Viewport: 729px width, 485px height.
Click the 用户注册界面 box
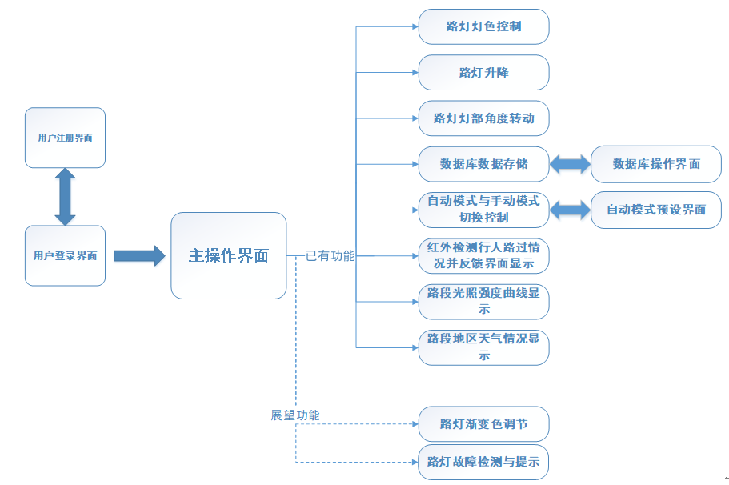coord(65,138)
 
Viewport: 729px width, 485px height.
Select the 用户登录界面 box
coord(65,255)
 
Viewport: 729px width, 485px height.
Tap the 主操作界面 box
coord(228,255)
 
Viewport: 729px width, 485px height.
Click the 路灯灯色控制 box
coord(483,26)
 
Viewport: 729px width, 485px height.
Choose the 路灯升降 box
coord(483,72)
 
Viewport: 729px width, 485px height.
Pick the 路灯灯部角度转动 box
coord(483,118)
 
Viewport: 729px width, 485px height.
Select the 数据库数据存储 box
coord(483,164)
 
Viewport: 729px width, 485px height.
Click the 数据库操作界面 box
coord(655,164)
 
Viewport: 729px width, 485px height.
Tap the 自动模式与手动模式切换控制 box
coord(483,210)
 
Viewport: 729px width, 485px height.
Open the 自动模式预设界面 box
coord(655,210)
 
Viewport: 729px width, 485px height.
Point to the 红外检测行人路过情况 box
coord(483,255)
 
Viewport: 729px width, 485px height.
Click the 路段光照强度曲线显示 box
coord(483,301)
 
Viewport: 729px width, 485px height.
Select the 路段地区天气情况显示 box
coord(483,347)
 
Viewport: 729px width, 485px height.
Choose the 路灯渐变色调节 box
coord(483,423)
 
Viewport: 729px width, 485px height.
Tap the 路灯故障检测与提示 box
coord(483,462)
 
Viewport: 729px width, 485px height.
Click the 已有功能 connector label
coord(330,256)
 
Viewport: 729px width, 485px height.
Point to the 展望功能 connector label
coord(295,415)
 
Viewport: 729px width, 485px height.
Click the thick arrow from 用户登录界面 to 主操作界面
coord(138,256)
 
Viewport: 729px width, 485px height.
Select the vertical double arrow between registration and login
coord(65,197)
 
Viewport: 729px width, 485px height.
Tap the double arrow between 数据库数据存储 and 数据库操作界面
coord(570,164)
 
